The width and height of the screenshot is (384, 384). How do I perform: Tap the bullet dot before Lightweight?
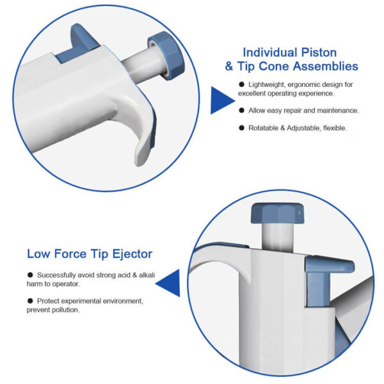click(x=241, y=84)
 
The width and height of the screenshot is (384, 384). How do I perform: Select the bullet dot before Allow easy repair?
click(x=241, y=111)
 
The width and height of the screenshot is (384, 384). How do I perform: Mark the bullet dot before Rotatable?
click(x=241, y=128)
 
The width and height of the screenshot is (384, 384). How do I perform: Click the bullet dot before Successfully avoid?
click(x=30, y=275)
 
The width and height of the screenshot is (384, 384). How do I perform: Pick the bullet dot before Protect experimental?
click(x=30, y=300)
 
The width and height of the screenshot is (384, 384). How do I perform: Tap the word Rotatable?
click(x=266, y=128)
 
